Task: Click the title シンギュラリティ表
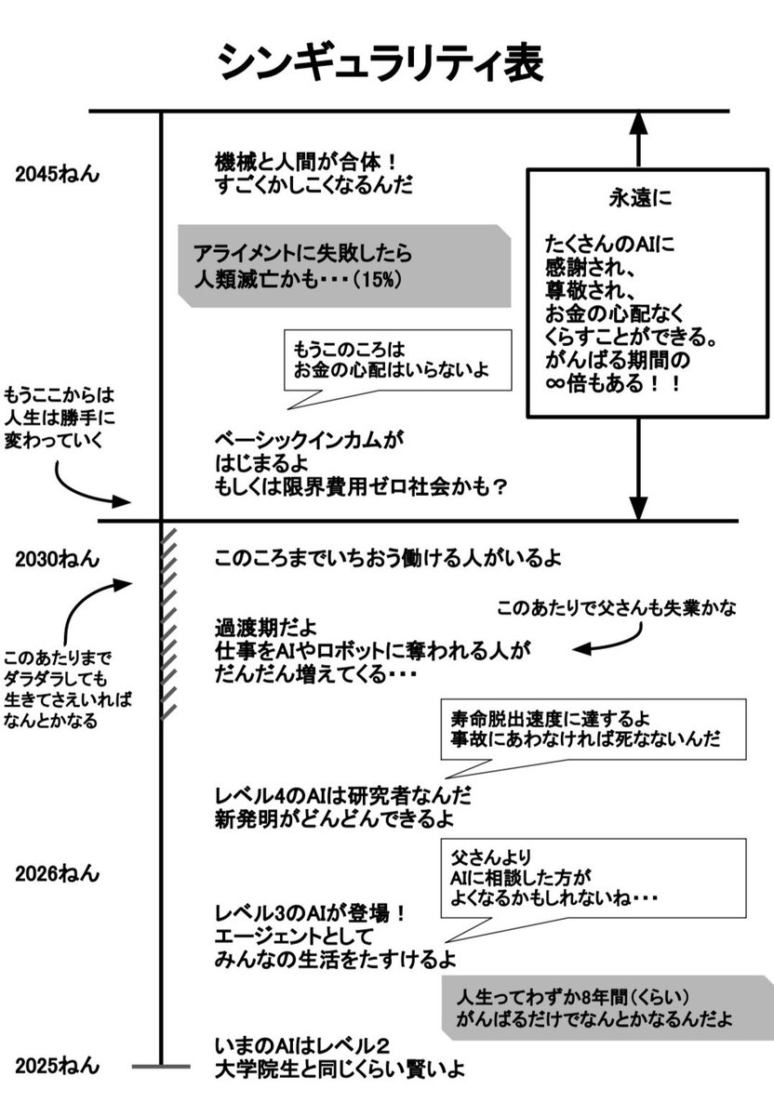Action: [380, 64]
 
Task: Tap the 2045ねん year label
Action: [57, 174]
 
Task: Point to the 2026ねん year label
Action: [57, 874]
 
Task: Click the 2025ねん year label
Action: [57, 1066]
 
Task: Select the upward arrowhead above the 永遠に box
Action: [638, 124]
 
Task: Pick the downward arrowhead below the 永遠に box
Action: [638, 507]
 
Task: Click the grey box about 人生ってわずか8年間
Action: [605, 1007]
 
